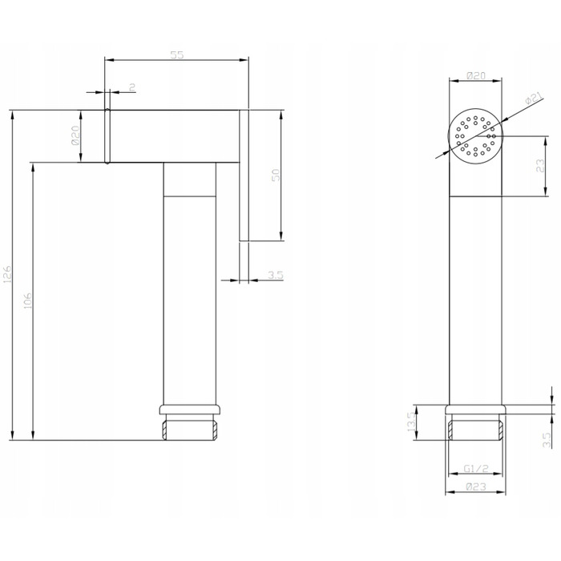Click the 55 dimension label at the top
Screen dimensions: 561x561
click(177, 54)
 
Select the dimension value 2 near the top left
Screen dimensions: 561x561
click(132, 87)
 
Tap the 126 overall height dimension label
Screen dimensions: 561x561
click(7, 274)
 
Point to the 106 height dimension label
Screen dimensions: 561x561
click(27, 301)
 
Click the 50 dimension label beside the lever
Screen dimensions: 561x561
click(276, 175)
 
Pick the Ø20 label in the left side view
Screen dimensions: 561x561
click(75, 135)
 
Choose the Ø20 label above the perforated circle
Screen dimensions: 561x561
click(476, 75)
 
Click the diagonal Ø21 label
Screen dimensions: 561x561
click(535, 98)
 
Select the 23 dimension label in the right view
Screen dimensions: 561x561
click(540, 166)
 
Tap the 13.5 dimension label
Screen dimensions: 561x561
click(411, 422)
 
